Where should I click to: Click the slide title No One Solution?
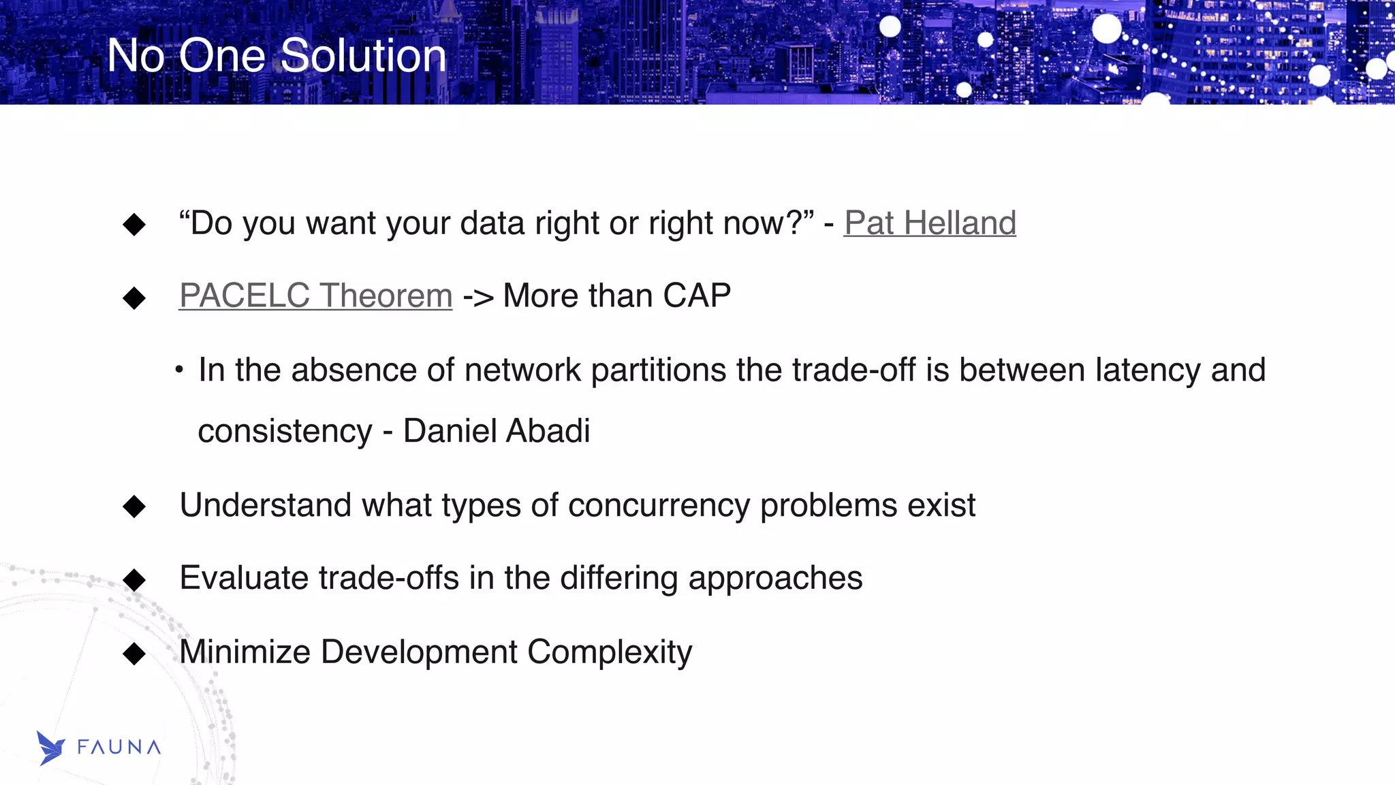pos(277,55)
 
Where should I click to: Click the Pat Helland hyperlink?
pos(930,223)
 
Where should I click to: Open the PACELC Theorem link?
pos(315,296)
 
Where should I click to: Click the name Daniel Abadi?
pos(497,431)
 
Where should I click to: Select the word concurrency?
pos(659,506)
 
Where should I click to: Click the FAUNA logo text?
pos(119,748)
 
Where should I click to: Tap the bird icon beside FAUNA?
pos(50,748)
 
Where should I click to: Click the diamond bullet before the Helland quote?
pos(134,224)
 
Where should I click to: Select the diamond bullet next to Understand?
pos(134,506)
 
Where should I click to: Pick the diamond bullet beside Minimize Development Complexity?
pos(134,654)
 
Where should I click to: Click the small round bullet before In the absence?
pos(178,370)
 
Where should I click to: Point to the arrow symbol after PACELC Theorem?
pos(477,298)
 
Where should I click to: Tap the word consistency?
pos(285,432)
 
